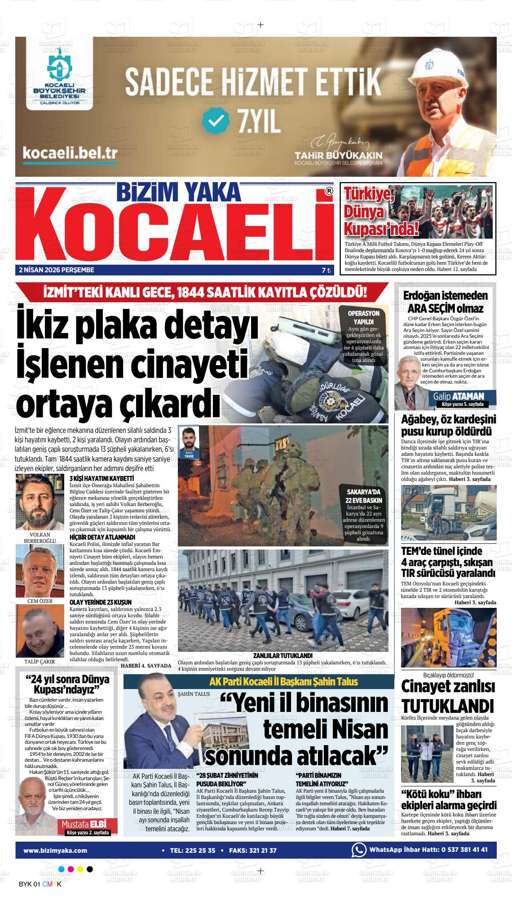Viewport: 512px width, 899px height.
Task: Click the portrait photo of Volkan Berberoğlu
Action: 40,502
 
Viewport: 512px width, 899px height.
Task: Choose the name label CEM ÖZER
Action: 40,601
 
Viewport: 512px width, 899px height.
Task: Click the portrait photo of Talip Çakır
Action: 40,630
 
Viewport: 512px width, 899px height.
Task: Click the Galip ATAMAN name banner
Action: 458,396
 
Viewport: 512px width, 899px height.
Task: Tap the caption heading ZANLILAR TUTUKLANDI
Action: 282,655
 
